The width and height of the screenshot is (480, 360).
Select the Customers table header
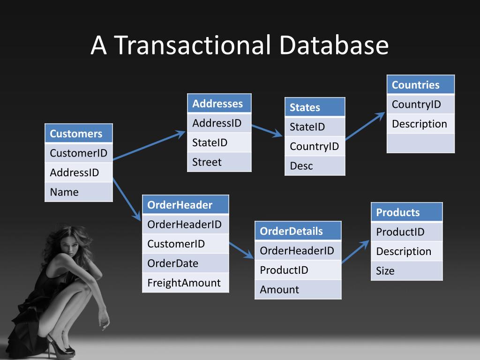(79, 134)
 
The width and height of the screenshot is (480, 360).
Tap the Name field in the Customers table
(79, 192)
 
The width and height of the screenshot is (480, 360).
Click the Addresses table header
(219, 104)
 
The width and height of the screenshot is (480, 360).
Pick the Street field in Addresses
(219, 162)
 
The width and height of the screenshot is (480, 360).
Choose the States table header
(315, 107)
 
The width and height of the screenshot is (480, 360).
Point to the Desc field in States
(315, 166)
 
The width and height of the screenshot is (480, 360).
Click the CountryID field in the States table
(315, 146)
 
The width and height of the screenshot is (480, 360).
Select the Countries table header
(420, 85)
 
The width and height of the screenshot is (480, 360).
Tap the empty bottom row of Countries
(420, 143)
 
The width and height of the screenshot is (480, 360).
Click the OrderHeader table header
(185, 205)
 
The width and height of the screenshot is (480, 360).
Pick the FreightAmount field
(185, 283)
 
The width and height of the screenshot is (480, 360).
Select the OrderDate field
(185, 263)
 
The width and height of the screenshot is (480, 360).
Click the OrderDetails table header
(298, 231)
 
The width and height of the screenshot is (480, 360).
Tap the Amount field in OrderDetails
(298, 289)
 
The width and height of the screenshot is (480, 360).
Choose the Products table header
(406, 212)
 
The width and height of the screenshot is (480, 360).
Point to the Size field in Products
(406, 270)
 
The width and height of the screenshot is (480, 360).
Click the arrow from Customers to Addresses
(149, 146)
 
